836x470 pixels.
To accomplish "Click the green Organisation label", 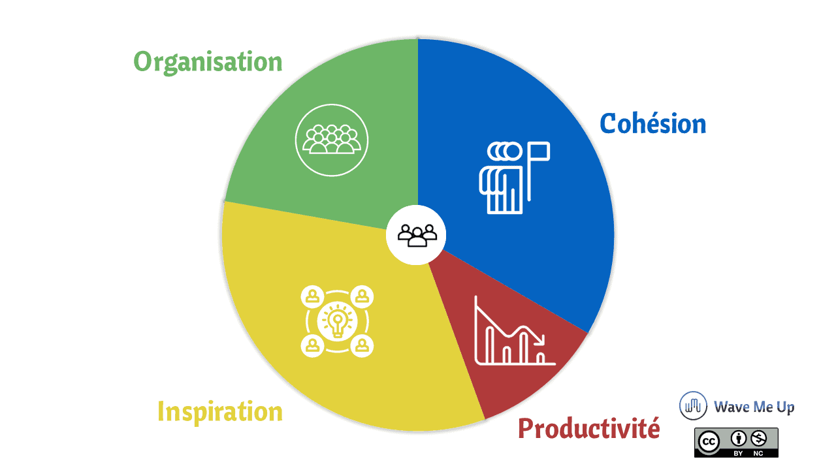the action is (x=208, y=62).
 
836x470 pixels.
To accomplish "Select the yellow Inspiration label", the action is (x=220, y=412).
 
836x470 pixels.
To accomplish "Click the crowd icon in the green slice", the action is (x=332, y=140).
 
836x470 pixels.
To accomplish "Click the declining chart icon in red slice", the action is (x=514, y=330).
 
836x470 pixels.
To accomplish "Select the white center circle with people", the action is (x=416, y=235).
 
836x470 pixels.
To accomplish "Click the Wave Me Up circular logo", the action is (x=693, y=406).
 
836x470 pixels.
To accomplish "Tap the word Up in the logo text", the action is (x=785, y=407).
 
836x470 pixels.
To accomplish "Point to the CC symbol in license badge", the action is (x=709, y=442).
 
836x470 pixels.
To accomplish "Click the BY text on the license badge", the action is (x=738, y=454).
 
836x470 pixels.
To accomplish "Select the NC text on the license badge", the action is (x=758, y=454).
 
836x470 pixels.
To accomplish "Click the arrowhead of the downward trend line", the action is (x=540, y=340).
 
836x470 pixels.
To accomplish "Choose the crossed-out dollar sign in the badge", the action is (x=758, y=439).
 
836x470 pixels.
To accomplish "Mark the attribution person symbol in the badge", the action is (x=738, y=439).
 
